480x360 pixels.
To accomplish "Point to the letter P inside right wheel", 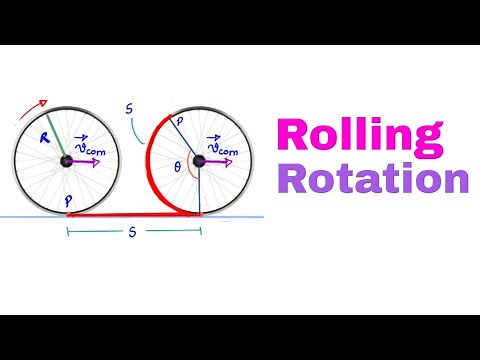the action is (181, 121).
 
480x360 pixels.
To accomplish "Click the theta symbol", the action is (177, 169).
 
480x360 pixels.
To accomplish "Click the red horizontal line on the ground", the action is (130, 214).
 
